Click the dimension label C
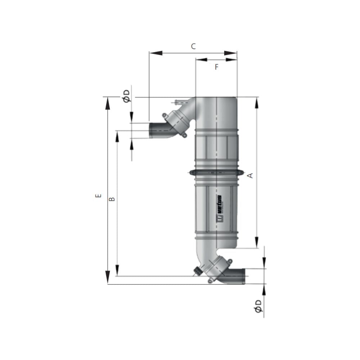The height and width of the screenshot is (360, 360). [x=193, y=46]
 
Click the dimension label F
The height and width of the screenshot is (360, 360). [x=216, y=67]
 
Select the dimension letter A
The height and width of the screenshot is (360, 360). [x=251, y=175]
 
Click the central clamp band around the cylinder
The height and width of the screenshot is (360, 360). [x=216, y=173]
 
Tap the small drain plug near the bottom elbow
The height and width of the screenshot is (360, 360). [x=198, y=271]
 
